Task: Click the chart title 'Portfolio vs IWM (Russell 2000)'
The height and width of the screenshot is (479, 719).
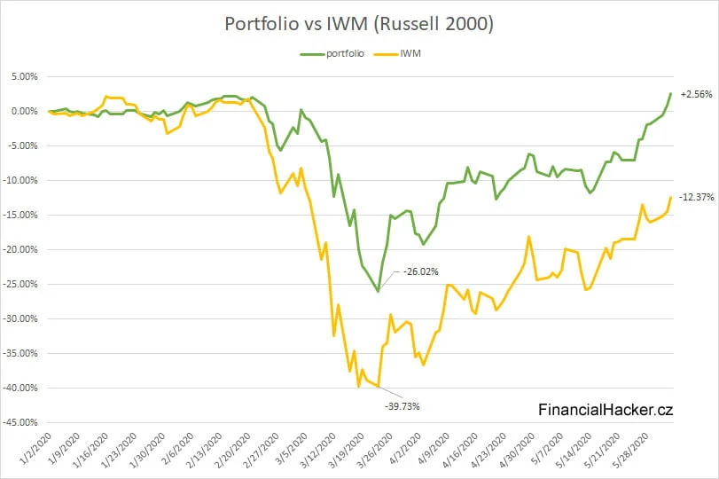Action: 359,24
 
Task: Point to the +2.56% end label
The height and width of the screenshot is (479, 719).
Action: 696,94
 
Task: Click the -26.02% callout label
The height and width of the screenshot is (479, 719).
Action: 421,271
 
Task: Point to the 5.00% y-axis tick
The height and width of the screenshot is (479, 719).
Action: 23,77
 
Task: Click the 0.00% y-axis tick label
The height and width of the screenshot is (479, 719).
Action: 23,112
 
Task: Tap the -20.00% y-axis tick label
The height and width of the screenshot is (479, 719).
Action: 20,250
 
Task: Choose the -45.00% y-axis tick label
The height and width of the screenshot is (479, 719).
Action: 20,423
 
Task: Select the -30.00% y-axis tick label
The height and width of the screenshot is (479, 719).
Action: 20,319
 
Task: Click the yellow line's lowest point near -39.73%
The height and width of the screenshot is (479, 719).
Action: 379,387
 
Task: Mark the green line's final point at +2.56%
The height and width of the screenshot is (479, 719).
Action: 671,94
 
